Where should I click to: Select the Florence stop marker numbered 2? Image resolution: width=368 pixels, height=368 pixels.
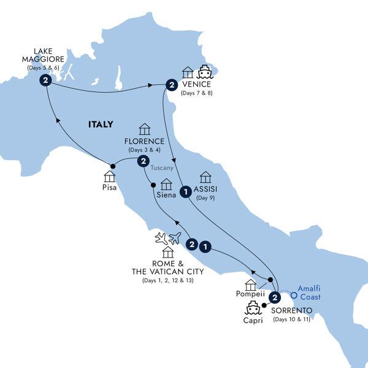point(143,161)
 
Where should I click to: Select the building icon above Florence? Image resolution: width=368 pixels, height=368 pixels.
point(145,129)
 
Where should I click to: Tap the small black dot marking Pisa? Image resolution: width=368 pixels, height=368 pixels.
point(113,166)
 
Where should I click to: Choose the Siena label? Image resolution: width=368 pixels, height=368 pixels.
point(166,196)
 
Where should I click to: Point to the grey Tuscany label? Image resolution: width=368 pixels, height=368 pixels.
point(165,167)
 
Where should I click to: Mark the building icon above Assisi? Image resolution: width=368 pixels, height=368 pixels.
point(206,176)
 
